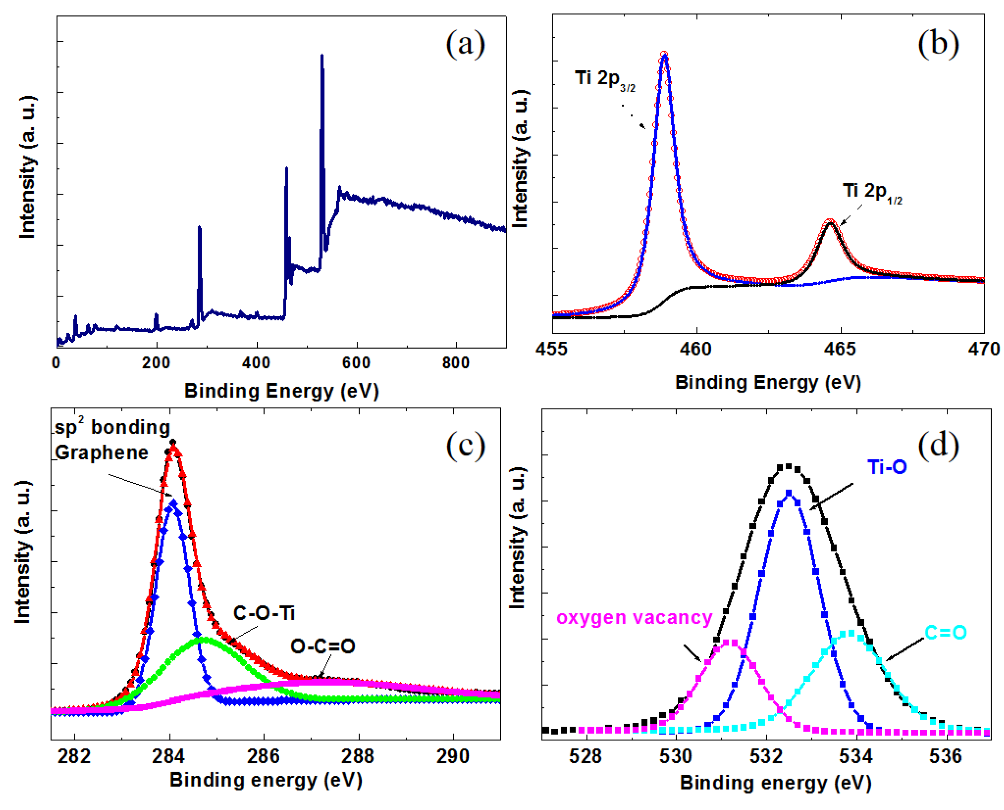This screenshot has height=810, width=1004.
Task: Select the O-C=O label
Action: click(x=323, y=646)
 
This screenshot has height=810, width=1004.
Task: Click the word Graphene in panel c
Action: click(x=102, y=453)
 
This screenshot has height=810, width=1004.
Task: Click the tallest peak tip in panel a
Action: click(x=322, y=56)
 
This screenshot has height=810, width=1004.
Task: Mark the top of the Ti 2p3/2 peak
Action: click(x=664, y=55)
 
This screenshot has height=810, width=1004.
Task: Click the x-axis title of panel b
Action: click(x=768, y=383)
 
